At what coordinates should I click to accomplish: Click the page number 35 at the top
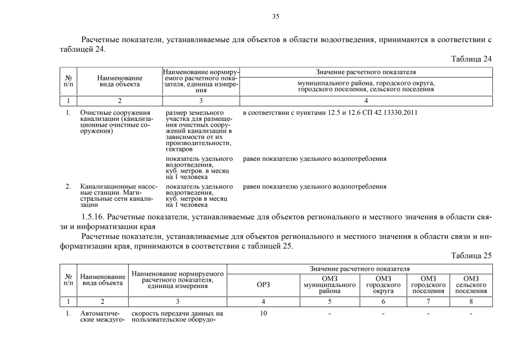point(276,16)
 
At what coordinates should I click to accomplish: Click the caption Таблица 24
point(471,59)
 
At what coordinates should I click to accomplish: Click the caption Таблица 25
point(471,255)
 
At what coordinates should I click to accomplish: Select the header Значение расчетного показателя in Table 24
point(366,73)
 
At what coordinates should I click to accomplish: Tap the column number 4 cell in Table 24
point(366,101)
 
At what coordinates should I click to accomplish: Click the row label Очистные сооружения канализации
point(116,122)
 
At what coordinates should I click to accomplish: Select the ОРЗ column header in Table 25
point(263,285)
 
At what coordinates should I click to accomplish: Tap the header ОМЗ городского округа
point(383,285)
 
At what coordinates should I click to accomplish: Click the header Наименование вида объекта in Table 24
point(119,82)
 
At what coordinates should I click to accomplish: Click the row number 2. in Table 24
point(68,186)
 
